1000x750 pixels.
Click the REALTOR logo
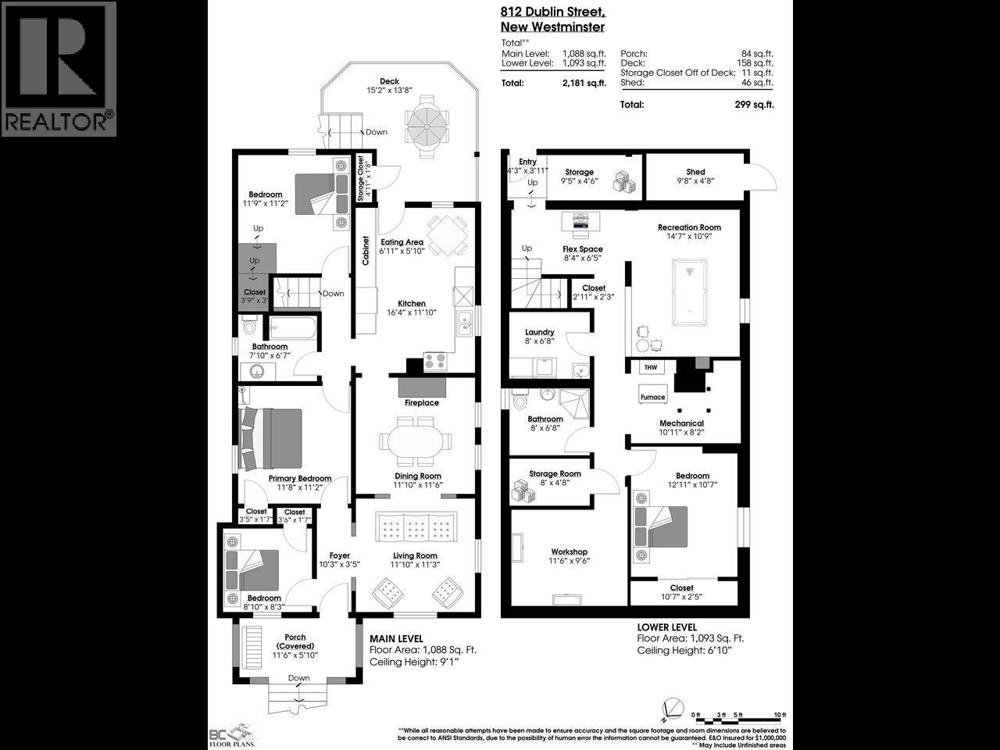(x=59, y=69)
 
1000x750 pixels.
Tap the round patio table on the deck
(x=427, y=123)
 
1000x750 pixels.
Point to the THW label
(x=650, y=367)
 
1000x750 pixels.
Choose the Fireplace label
(x=421, y=403)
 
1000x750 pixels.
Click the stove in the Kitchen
(x=434, y=361)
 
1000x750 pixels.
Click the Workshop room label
(x=569, y=552)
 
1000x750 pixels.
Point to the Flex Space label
(x=583, y=249)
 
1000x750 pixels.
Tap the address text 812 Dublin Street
(x=552, y=12)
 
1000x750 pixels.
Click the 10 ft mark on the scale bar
(x=779, y=715)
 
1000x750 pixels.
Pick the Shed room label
(x=695, y=172)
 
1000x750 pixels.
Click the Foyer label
(x=339, y=555)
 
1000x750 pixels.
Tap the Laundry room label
(x=539, y=332)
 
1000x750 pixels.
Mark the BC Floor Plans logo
(x=232, y=734)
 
